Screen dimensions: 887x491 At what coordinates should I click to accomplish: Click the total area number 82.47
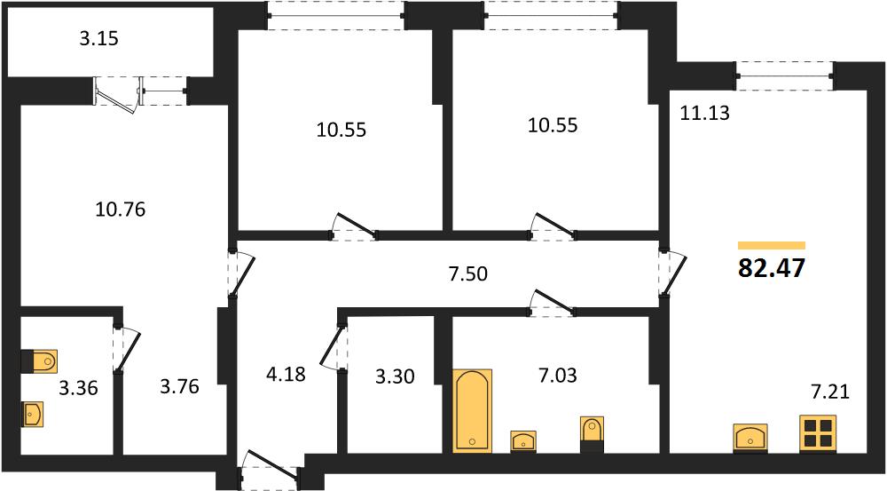[x=771, y=268]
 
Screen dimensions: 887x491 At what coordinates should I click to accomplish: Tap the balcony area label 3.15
[x=98, y=38]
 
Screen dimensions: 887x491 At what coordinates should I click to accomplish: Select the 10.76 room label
[x=120, y=210]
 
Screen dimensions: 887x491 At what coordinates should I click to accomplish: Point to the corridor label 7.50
[x=467, y=273]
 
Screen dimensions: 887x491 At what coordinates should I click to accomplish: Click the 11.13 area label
[x=704, y=114]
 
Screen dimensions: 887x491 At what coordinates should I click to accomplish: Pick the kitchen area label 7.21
[x=830, y=392]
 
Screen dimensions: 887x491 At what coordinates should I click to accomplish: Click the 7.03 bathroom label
[x=558, y=375]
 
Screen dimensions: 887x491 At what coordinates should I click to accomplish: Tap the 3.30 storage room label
[x=395, y=376]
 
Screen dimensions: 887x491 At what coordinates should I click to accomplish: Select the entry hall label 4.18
[x=287, y=375]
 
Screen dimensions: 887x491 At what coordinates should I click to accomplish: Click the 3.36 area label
[x=79, y=388]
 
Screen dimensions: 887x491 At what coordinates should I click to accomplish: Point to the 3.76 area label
[x=179, y=386]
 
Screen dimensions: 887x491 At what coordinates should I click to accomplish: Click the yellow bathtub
[x=473, y=410]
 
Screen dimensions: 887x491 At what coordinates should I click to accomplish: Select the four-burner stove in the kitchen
[x=818, y=434]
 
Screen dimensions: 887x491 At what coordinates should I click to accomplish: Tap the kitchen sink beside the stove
[x=750, y=438]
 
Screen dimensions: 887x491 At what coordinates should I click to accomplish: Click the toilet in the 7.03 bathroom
[x=593, y=434]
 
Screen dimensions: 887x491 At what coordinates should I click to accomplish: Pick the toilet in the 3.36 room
[x=39, y=361]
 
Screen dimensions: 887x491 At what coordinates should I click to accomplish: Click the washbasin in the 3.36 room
[x=32, y=414]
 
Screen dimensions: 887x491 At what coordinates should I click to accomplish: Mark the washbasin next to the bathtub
[x=523, y=441]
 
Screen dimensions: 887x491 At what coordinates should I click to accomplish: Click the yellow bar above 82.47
[x=772, y=245]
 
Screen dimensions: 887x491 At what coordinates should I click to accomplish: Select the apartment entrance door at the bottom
[x=270, y=467]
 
